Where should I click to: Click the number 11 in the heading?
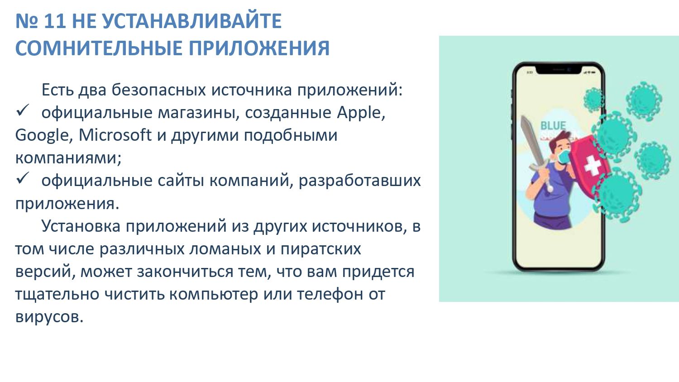point(55,21)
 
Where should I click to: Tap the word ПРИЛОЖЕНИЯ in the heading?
point(259,48)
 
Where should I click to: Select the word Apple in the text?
point(361,113)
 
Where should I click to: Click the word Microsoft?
point(115,135)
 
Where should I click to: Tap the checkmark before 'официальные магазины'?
point(23,110)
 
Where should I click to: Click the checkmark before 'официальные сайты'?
point(23,178)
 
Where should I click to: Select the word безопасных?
point(158,90)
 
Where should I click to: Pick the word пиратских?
point(320,249)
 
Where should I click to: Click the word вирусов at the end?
point(49,317)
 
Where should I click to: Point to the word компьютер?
point(213,295)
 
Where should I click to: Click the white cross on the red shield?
point(592,165)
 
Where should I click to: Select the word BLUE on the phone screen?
point(553,125)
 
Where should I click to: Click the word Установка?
point(81,226)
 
